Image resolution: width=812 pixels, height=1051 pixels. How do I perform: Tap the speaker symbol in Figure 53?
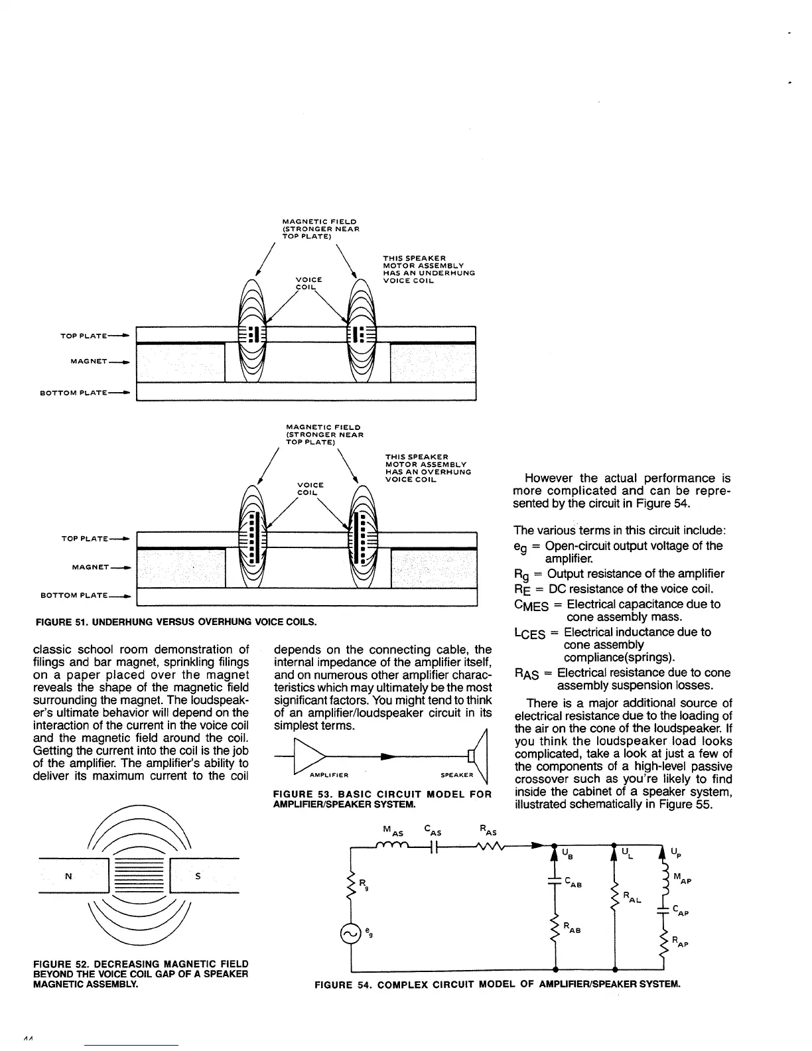coord(476,756)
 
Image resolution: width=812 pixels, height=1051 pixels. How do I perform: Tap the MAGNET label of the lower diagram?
coord(91,567)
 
